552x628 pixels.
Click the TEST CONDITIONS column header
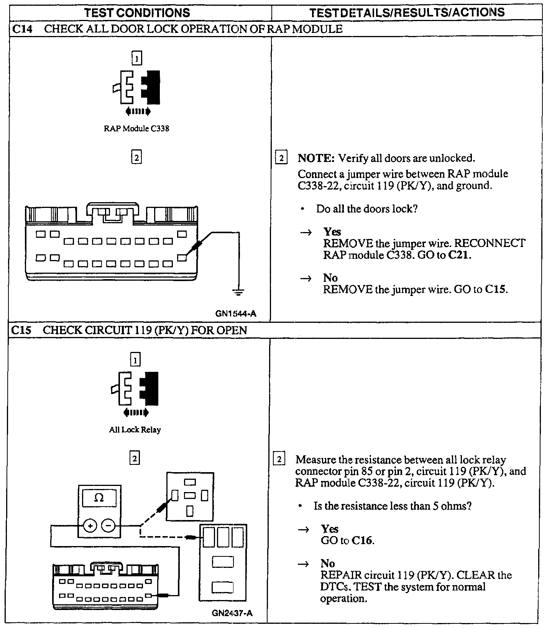pyautogui.click(x=137, y=13)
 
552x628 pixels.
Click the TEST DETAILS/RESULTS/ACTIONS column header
pyautogui.click(x=407, y=13)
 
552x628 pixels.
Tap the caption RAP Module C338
pyautogui.click(x=136, y=129)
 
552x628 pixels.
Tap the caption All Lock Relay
pyautogui.click(x=135, y=430)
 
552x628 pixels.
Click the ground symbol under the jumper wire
pyautogui.click(x=238, y=293)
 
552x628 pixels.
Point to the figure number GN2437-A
pyautogui.click(x=232, y=613)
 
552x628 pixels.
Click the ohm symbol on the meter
pyautogui.click(x=99, y=498)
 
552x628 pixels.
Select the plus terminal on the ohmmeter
pyautogui.click(x=90, y=526)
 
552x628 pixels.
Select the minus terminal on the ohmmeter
pyautogui.click(x=108, y=526)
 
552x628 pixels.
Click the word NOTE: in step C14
pyautogui.click(x=316, y=158)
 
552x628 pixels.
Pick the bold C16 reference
pyautogui.click(x=362, y=541)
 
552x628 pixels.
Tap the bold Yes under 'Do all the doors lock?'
pyautogui.click(x=332, y=232)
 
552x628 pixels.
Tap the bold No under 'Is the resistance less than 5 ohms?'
pyautogui.click(x=328, y=564)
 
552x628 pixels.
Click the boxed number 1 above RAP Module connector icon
pyautogui.click(x=136, y=59)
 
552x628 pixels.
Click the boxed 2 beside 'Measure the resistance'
pyautogui.click(x=279, y=460)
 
